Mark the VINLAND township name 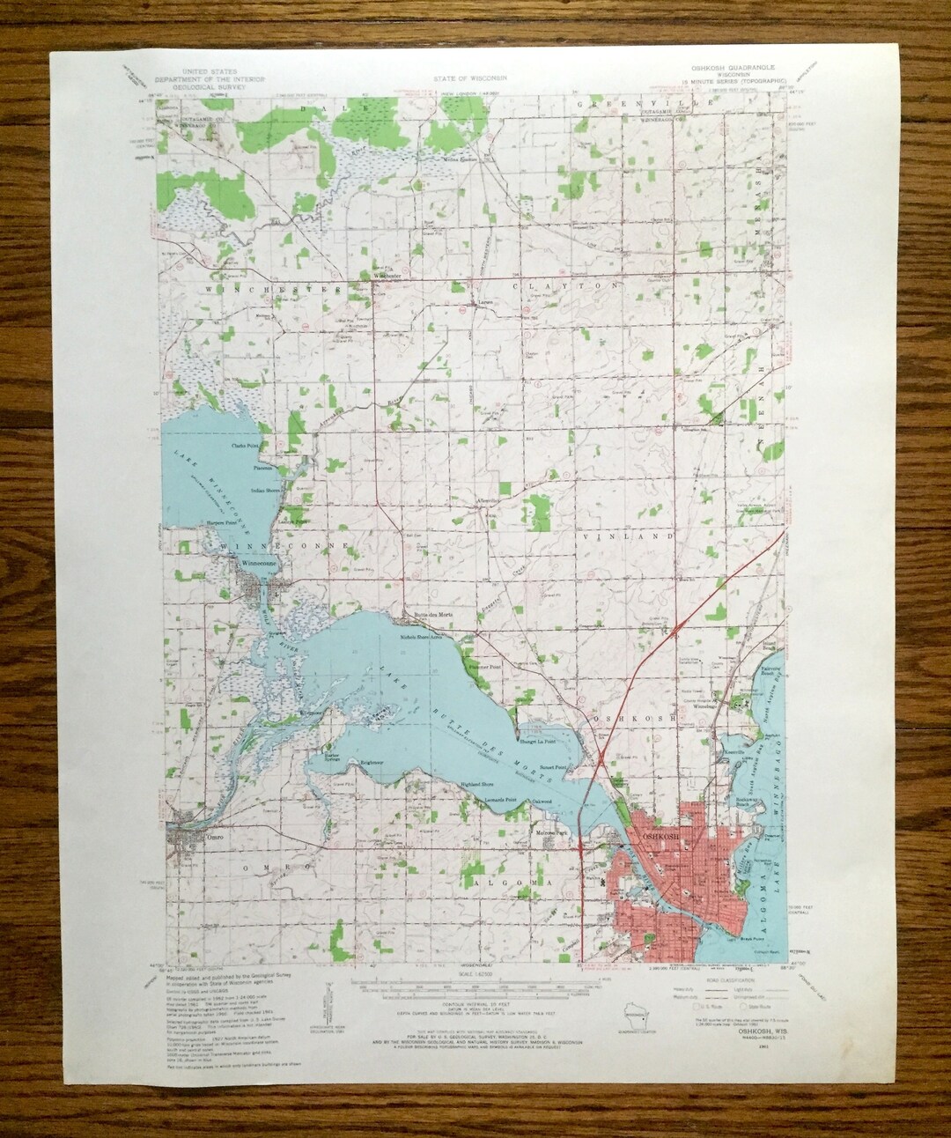tap(626, 536)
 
